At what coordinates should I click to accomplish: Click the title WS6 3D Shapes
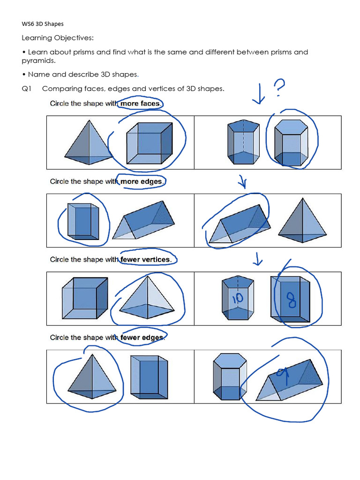[x=43, y=24]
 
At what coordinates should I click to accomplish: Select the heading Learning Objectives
[x=58, y=37]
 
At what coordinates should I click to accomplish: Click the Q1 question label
[x=27, y=89]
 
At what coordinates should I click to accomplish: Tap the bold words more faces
[x=140, y=104]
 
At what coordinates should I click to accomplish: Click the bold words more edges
[x=142, y=181]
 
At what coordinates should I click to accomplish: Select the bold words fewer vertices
[x=145, y=259]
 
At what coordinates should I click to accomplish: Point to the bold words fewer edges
[x=142, y=337]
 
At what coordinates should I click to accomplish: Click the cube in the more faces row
[x=149, y=143]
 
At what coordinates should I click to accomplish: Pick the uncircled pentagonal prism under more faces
[x=243, y=142]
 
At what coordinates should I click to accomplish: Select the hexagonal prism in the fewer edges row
[x=227, y=377]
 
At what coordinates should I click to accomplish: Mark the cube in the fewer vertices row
[x=84, y=298]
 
